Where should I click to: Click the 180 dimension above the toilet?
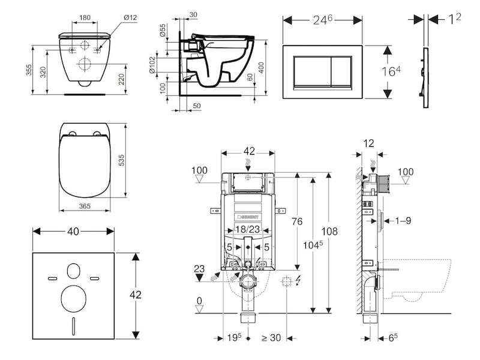pos(85,17)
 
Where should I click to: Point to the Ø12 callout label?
pos(130,17)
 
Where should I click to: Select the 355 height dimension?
pos(28,70)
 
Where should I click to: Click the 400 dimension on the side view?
pos(261,68)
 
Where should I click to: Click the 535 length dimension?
pos(121,160)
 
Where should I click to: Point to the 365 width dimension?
pos(85,206)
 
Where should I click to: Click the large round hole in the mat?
pos(73,299)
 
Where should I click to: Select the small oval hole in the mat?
pos(73,271)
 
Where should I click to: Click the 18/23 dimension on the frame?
pos(248,229)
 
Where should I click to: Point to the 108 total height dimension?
pos(329,232)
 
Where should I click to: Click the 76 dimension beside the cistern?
pos(297,221)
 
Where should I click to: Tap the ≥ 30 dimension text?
pos(271,338)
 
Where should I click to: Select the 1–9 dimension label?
pos(403,220)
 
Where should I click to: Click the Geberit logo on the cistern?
pos(248,217)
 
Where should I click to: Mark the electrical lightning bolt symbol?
pos(298,281)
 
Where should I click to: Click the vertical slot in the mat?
pos(73,326)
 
